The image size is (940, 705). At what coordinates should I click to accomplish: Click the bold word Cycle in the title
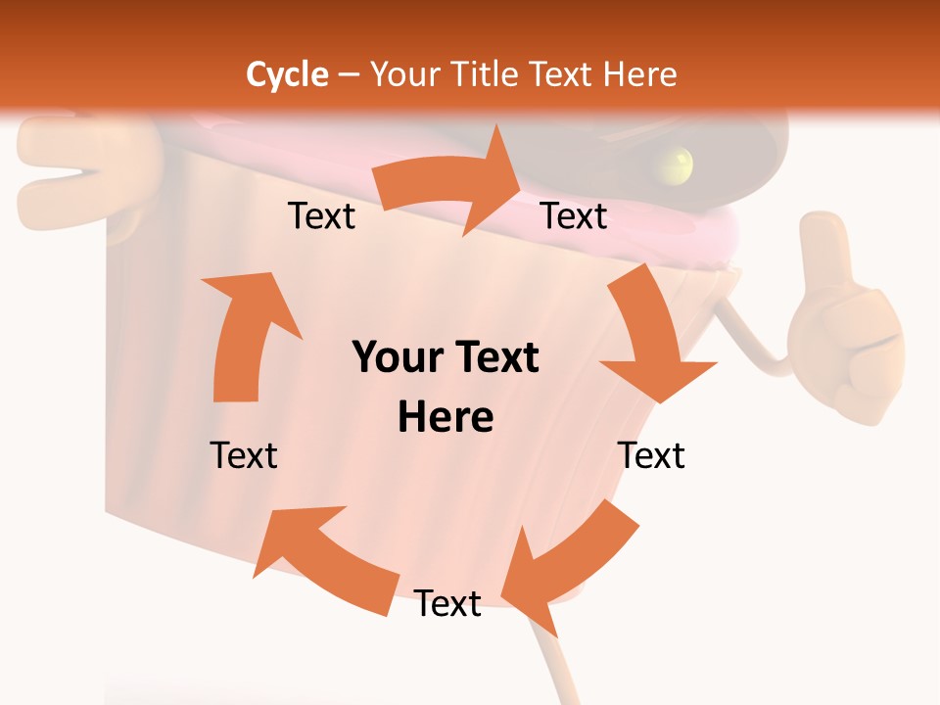(287, 74)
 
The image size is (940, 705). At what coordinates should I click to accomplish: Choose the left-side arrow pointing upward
(245, 338)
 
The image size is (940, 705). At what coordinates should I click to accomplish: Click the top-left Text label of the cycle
(321, 216)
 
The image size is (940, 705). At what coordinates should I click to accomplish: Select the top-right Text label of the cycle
(574, 216)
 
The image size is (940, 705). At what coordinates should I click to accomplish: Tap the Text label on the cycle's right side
(651, 455)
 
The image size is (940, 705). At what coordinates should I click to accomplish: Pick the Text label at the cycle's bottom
(447, 604)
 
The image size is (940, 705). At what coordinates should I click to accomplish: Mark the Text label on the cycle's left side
(244, 455)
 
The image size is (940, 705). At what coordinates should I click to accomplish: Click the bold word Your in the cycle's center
(394, 358)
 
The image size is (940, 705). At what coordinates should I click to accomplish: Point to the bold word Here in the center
(446, 418)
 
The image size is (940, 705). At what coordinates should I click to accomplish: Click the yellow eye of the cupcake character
(676, 162)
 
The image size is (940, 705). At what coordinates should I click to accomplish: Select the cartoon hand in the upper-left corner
(59, 171)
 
